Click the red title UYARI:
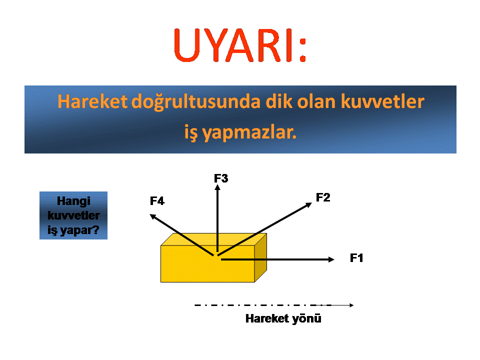[240, 45]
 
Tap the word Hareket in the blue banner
[92, 101]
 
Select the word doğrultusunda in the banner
[196, 102]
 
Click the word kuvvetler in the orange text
[382, 101]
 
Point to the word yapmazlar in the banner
[249, 133]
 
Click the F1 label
[356, 258]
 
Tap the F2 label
[323, 197]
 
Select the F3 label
[221, 178]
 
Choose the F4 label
[157, 201]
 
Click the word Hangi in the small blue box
[73, 201]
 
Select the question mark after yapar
[96, 229]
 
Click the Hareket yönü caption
[283, 318]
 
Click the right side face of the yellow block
[260, 257]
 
